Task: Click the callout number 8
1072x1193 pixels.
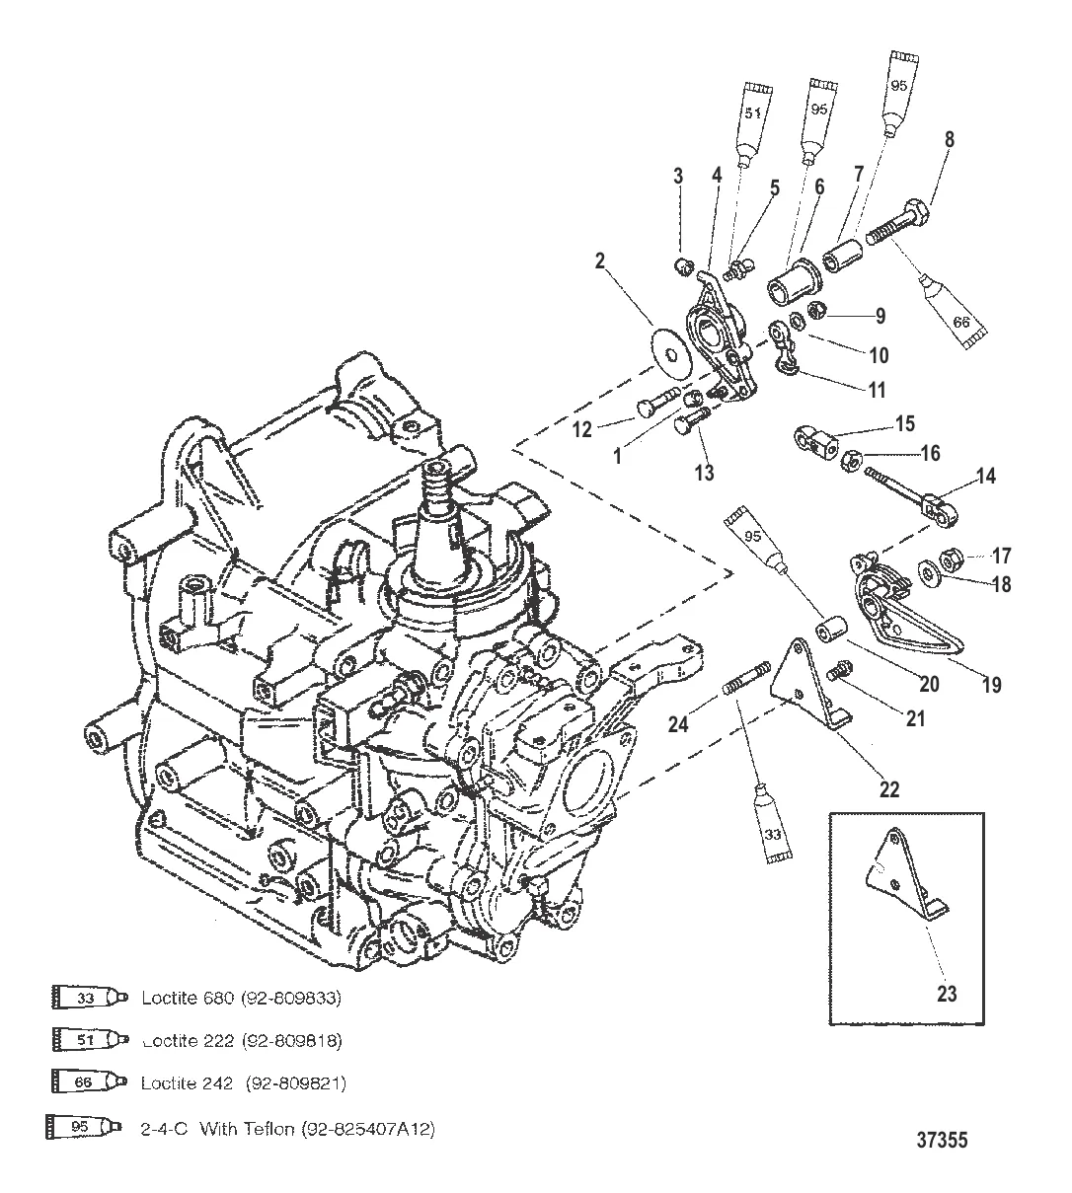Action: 949,139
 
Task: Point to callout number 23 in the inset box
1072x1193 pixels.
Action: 947,994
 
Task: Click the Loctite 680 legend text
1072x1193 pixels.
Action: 241,998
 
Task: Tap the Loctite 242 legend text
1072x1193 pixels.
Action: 243,1082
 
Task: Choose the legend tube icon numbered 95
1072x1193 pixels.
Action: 85,1126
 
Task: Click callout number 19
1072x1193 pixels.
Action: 991,684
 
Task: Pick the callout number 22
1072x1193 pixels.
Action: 889,788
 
